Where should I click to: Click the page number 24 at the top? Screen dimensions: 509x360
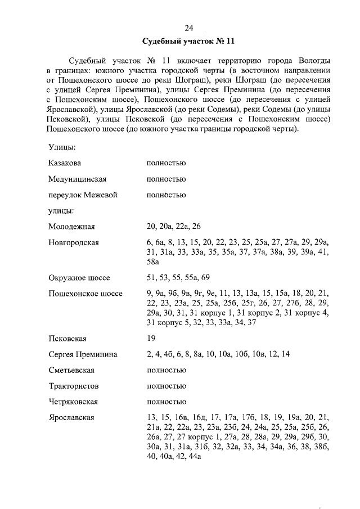click(189, 29)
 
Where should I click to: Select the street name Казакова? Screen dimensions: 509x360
click(65, 163)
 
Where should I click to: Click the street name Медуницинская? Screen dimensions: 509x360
click(78, 179)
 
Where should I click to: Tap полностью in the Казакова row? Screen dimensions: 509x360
click(166, 163)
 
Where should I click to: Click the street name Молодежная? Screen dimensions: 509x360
click(71, 227)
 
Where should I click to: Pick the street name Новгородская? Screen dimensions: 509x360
click(74, 242)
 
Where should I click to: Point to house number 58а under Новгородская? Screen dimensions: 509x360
click(153, 263)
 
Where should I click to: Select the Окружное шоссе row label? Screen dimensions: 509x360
click(79, 278)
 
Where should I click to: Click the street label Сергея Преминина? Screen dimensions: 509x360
click(83, 355)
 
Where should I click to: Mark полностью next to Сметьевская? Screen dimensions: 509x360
click(166, 371)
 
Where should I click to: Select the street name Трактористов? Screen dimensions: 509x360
click(74, 386)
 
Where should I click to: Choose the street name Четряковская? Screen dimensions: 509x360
click(74, 402)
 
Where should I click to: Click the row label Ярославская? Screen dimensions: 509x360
click(71, 418)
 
